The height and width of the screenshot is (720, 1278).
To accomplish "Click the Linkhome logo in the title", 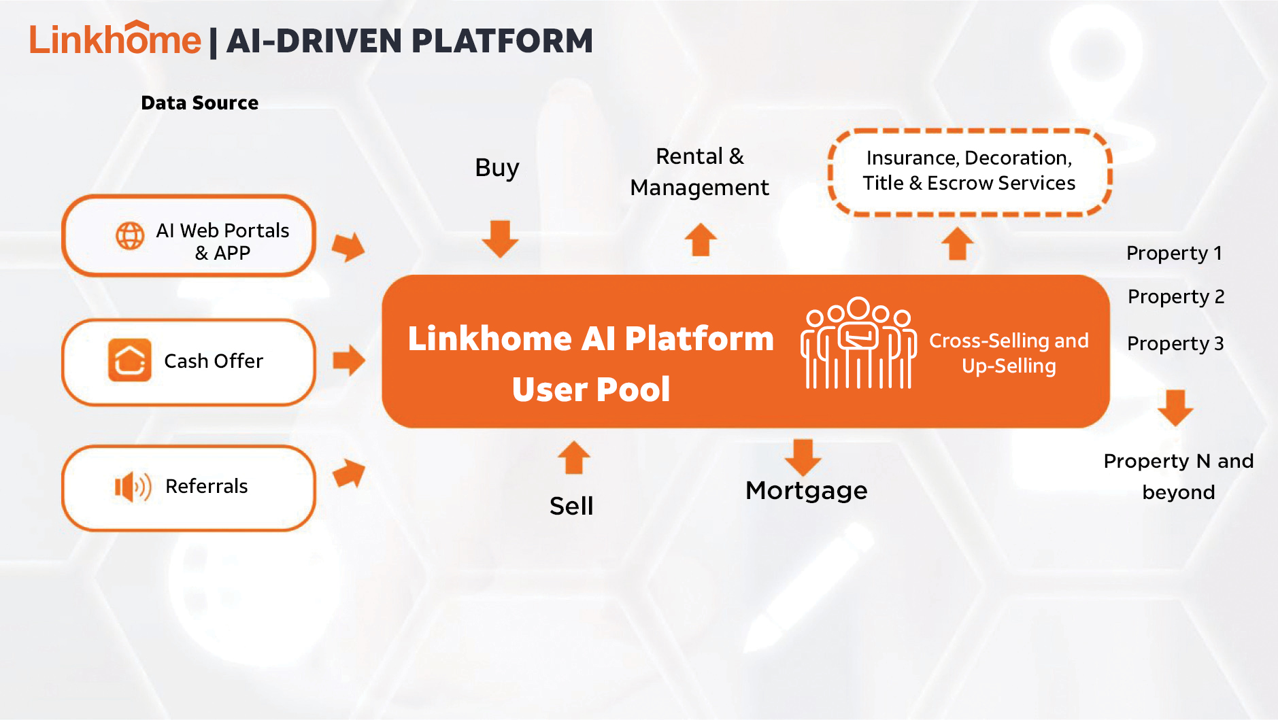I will (115, 39).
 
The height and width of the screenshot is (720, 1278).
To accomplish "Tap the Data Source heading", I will (199, 103).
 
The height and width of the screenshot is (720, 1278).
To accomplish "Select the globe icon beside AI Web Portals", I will (129, 236).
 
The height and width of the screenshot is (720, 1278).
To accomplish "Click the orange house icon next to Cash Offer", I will (129, 360).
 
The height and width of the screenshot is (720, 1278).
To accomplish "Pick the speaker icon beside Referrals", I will (132, 487).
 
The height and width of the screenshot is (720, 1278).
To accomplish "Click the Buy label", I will (497, 168).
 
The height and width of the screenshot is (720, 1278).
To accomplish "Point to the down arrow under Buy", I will (500, 238).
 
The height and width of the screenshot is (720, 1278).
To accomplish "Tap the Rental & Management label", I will (699, 172).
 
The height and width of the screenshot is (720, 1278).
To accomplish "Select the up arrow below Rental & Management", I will (701, 240).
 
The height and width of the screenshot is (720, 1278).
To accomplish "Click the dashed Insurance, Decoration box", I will (969, 171).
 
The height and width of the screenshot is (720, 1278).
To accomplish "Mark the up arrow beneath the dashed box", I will (958, 243).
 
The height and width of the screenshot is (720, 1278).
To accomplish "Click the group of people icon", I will (858, 343).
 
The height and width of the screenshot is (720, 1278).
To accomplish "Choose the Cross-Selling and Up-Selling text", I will (1009, 353).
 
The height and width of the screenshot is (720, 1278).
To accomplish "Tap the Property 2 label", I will (1175, 296).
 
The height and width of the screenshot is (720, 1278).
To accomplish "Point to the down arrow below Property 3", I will (1175, 407).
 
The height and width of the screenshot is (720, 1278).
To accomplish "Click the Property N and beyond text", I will (1178, 476).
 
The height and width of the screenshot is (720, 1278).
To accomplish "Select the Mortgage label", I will (806, 491).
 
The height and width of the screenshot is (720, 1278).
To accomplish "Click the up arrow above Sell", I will (573, 458).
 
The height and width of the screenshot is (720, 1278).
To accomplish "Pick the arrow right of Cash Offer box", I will (349, 360).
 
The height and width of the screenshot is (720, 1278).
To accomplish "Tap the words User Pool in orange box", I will (590, 390).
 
